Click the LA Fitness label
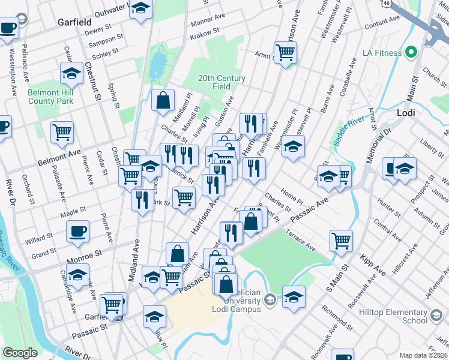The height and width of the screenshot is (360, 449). click(382, 53)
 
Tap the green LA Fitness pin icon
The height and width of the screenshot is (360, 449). click(411, 52)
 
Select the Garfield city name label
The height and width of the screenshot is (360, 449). click(74, 22)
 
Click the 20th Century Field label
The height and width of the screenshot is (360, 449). click(221, 82)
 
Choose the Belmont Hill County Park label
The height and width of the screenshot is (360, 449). click(50, 97)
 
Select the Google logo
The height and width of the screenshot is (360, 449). click(20, 353)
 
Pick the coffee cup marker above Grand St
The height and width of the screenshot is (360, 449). click(77, 231)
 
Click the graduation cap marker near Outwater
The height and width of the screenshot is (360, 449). click(141, 10)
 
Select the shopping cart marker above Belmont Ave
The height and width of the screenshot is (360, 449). click(62, 131)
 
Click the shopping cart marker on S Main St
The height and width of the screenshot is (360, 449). click(341, 240)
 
